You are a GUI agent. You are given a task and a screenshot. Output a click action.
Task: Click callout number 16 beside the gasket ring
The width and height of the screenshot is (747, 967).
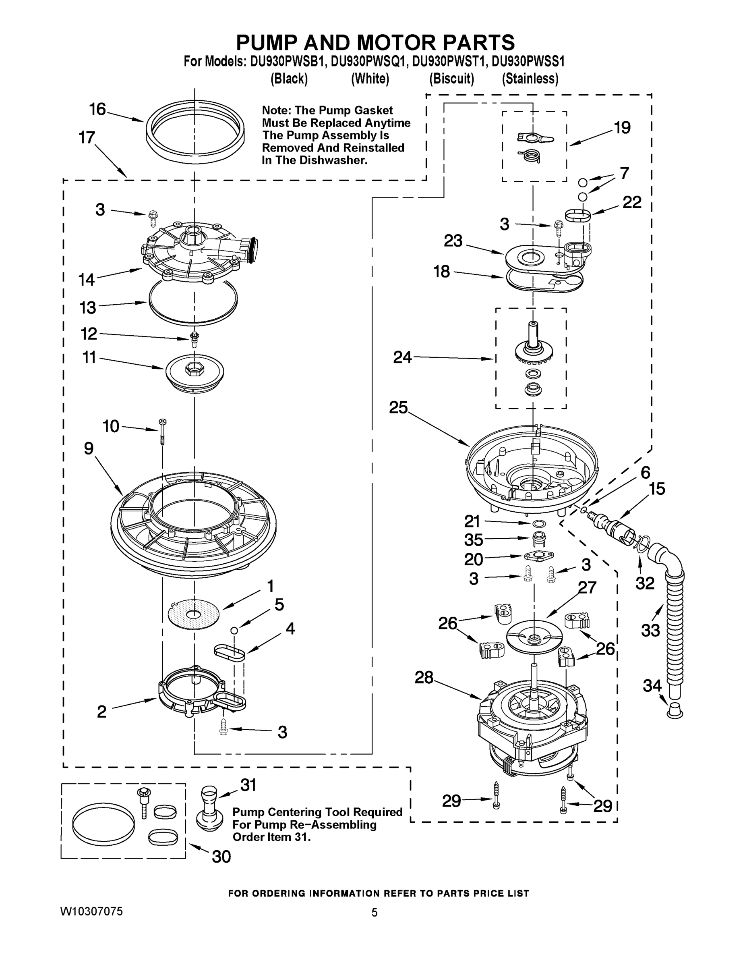[x=97, y=109]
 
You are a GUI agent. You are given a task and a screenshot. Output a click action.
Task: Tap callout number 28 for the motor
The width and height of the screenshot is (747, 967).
[x=424, y=677]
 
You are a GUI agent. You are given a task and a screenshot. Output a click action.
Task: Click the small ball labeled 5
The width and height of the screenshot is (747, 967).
[x=234, y=630]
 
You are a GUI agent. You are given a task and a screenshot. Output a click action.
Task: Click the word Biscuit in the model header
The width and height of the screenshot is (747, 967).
[x=451, y=79]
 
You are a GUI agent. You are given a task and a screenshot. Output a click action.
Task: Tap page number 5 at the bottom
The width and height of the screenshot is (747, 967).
[x=375, y=912]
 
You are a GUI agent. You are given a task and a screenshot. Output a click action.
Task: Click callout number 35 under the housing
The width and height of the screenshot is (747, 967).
[x=474, y=540]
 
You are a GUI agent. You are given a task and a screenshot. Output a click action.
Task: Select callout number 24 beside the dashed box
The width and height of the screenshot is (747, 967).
[x=402, y=357]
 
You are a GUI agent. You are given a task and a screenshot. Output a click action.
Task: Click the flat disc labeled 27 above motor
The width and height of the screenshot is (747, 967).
[x=534, y=637]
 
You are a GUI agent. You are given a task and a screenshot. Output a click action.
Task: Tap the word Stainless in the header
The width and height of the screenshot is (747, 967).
[x=530, y=79]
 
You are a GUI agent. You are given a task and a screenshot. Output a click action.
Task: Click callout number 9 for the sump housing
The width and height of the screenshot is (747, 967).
[x=89, y=448]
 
